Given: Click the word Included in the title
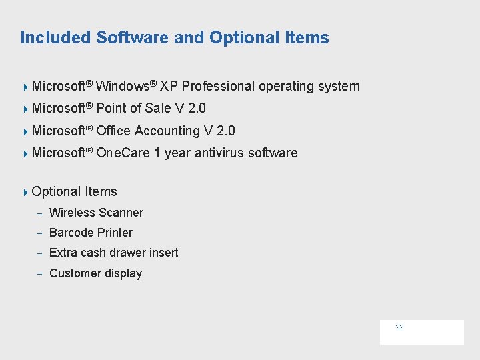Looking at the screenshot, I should [56, 37].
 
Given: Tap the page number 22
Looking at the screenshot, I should [399, 327].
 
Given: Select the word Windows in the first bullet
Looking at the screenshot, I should [122, 86].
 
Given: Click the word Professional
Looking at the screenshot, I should [218, 86].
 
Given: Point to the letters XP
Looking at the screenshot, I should [169, 86].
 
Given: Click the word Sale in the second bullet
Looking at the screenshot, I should [157, 108].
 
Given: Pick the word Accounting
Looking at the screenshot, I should [167, 131].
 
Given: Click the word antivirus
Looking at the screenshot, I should [219, 153].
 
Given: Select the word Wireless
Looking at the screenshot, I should [72, 213].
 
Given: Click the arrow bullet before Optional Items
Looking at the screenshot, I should [25, 192].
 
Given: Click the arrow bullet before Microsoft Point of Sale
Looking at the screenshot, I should [25, 108].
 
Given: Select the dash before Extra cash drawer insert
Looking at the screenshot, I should [40, 253].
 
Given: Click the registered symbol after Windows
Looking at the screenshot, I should [153, 83].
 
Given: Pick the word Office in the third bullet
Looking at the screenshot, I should [114, 131].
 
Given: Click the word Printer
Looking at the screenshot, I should [115, 233].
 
